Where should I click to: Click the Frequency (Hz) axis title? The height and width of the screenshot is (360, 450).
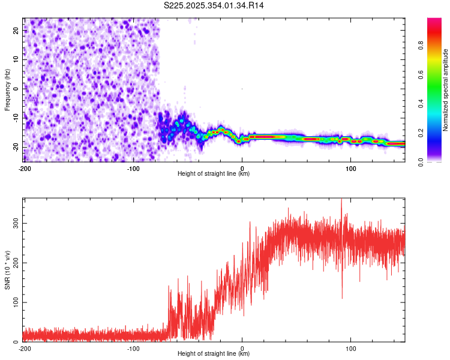coord(7,90)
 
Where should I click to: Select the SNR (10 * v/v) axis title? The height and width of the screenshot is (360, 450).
coord(7,270)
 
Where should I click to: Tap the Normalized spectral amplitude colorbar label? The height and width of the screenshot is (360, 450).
coord(446,90)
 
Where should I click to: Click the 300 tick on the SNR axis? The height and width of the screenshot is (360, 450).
coord(13,223)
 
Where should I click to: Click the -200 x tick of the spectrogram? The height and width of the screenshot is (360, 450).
coord(25,167)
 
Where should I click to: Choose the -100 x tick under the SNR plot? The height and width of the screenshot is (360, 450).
coord(133,347)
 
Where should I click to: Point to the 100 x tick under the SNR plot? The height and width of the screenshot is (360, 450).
coord(351,347)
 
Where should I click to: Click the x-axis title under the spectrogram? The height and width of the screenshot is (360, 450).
coord(214,174)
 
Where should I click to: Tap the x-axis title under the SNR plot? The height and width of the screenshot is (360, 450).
coord(214,354)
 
